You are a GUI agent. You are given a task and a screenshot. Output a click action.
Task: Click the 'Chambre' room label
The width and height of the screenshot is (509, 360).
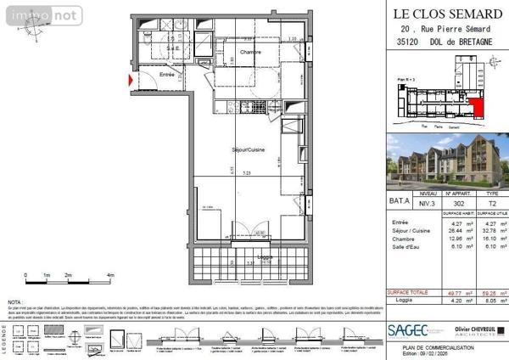coord(249,53)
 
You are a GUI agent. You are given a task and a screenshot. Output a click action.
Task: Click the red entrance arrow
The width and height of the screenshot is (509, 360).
coord(129,81)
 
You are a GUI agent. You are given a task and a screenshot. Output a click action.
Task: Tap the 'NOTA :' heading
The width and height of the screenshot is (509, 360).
coord(15,301)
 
